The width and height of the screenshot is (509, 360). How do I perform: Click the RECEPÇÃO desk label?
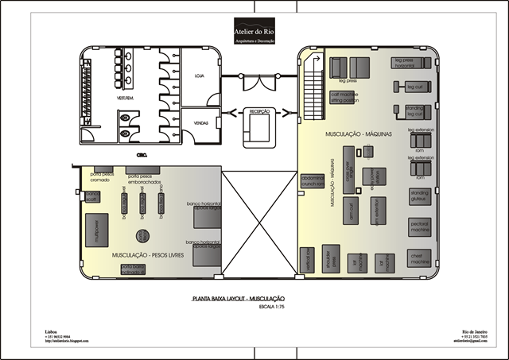tap(261, 111)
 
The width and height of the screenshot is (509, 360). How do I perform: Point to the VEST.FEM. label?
tap(125, 98)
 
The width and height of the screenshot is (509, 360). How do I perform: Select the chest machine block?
tap(419, 257)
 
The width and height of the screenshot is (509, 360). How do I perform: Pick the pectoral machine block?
tap(419, 226)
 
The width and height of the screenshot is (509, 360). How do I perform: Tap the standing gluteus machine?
tap(419, 195)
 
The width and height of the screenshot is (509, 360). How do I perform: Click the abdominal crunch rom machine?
tap(311, 182)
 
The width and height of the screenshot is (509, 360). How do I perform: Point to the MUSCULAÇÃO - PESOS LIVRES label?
tap(148, 256)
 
